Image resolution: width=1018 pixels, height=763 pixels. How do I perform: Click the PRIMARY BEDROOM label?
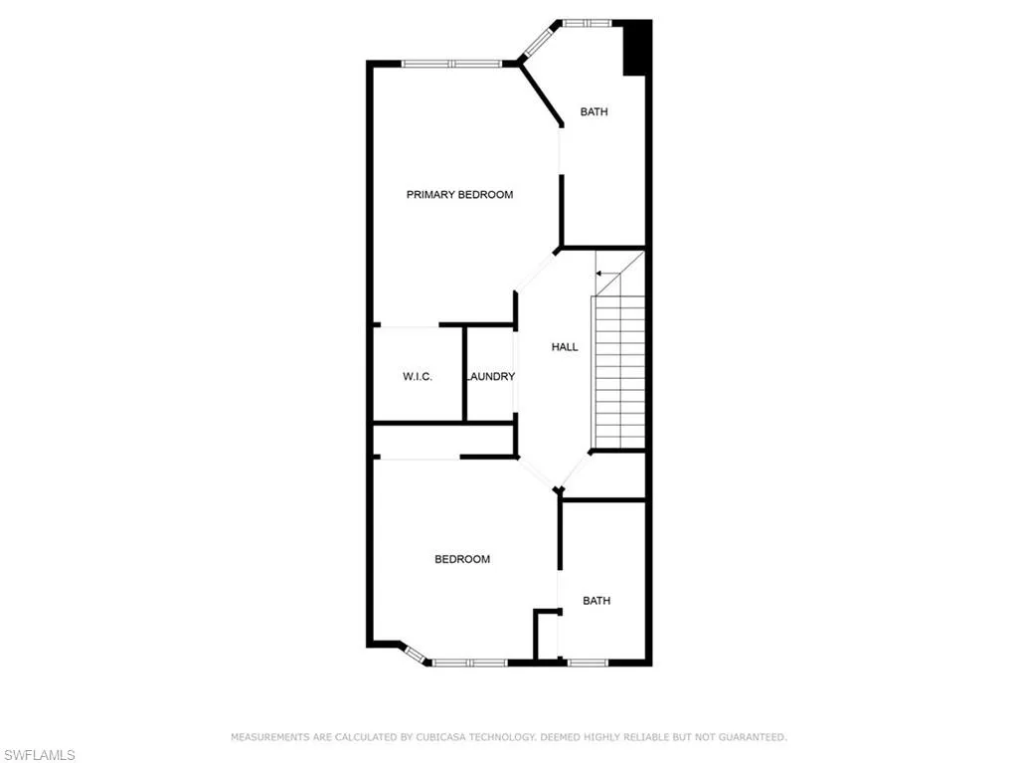click(x=459, y=195)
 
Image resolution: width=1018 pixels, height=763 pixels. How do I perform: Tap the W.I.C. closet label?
click(x=418, y=376)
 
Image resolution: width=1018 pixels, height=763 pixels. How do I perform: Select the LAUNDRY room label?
click(x=491, y=376)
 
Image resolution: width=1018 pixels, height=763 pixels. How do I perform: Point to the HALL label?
click(x=565, y=347)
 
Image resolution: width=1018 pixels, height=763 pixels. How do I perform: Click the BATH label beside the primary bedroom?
click(x=594, y=112)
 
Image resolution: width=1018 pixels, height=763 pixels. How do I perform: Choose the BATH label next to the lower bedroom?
click(x=596, y=601)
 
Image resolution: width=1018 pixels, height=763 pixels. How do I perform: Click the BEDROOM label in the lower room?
click(x=462, y=559)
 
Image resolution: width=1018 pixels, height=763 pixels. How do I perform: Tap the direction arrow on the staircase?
click(x=602, y=272)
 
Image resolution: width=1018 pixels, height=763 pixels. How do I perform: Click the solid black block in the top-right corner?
click(x=636, y=48)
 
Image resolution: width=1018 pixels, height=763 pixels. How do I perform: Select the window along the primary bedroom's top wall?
click(x=451, y=64)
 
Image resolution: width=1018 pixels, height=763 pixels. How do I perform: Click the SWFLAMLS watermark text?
click(x=38, y=755)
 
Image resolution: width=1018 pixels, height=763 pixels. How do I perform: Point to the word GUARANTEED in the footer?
click(x=753, y=737)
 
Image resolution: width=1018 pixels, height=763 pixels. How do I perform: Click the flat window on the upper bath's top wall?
click(x=587, y=22)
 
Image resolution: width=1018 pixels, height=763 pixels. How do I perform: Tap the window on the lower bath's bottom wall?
click(x=587, y=662)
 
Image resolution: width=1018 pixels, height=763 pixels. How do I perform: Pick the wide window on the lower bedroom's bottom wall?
click(x=469, y=662)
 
